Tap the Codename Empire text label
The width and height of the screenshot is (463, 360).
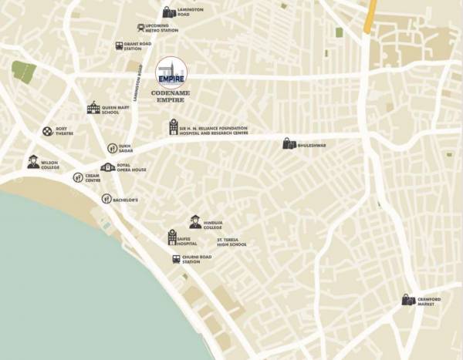[171, 96]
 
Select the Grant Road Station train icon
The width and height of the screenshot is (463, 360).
[120, 46]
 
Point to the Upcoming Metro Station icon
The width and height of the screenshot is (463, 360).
[141, 28]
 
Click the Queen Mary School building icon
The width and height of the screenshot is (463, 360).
[93, 109]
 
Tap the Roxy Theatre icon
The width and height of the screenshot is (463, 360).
[48, 132]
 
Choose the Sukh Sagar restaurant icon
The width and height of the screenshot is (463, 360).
[112, 148]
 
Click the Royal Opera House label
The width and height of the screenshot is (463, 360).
[132, 168]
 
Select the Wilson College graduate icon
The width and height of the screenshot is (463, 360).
[33, 162]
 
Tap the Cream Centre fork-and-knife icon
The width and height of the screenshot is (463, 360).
[78, 177]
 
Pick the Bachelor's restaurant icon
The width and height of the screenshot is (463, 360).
[106, 199]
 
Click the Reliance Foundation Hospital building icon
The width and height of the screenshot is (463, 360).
[174, 127]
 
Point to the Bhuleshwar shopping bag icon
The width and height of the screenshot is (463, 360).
[289, 143]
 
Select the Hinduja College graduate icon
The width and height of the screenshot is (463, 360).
[195, 222]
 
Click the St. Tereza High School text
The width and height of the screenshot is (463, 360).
[231, 244]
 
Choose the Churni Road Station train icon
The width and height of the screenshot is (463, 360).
[176, 259]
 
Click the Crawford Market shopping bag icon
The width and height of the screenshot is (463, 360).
[407, 300]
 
